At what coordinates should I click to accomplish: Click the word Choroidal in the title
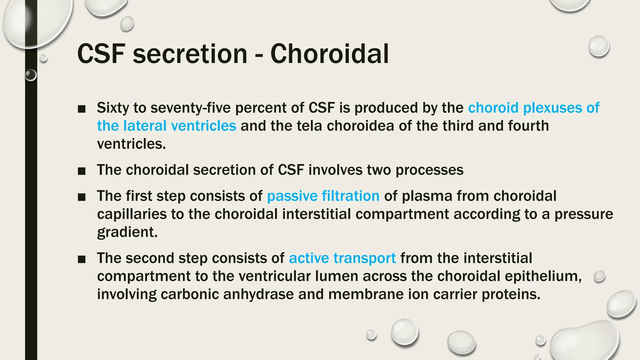330,54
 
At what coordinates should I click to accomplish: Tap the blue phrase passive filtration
323,196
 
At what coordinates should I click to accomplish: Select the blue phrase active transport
342,258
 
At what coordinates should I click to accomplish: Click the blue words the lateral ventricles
166,126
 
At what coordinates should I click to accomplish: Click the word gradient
127,232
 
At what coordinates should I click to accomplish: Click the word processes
429,170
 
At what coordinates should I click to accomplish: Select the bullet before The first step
82,197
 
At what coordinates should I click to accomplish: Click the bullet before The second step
82,259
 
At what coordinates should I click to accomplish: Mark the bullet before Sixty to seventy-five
82,109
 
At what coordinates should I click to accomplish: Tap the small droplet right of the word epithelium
599,277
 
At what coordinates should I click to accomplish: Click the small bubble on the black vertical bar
31,75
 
